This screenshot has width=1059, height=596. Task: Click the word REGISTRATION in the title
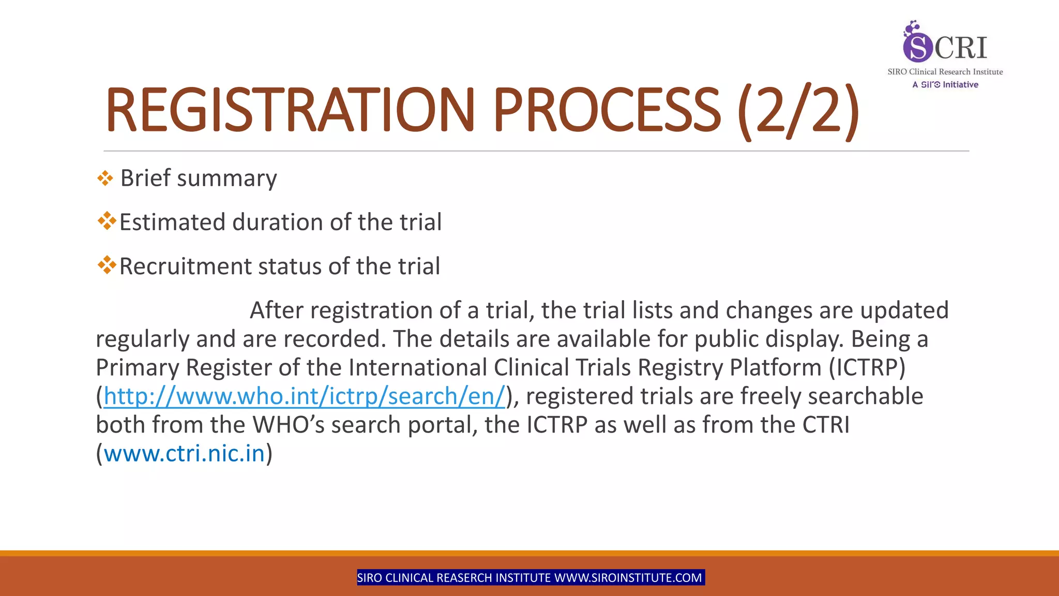point(290,110)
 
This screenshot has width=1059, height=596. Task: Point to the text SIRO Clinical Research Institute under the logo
point(945,72)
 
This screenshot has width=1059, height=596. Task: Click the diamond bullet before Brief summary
point(105,178)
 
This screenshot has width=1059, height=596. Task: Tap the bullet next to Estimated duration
point(107,221)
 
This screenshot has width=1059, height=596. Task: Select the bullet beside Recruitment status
point(107,265)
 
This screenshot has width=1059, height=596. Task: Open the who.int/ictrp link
point(304,396)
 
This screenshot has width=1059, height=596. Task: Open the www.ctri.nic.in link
point(184,454)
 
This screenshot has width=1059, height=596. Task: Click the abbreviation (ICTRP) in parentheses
point(867,368)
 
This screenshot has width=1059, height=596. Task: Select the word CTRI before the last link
point(826,425)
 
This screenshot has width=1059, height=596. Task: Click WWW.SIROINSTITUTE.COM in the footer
point(628,578)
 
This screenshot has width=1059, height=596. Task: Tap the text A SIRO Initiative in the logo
point(945,85)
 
